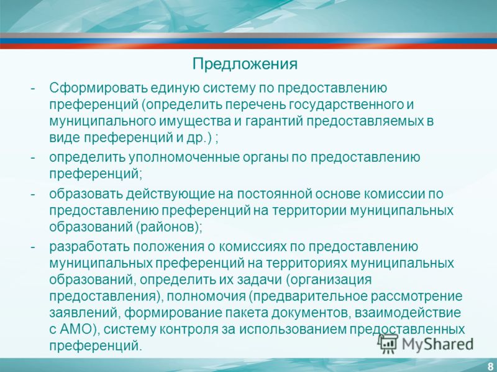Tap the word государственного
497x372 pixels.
(345, 105)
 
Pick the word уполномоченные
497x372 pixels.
(184, 157)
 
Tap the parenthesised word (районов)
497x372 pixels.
(170, 228)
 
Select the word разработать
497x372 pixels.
(89, 247)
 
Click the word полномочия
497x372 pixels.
(206, 296)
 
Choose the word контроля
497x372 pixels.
(189, 330)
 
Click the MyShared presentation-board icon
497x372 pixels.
(388, 343)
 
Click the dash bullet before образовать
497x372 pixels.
(33, 194)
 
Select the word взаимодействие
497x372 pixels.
(408, 313)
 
